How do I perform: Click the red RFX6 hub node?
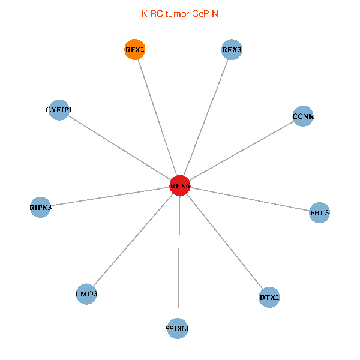(x=180, y=186)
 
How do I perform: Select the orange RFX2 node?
(x=135, y=50)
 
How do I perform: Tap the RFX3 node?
(x=232, y=50)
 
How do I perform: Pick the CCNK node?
(x=303, y=116)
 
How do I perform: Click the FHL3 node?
(x=320, y=212)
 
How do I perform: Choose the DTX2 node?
(x=269, y=297)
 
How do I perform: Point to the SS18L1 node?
(x=177, y=328)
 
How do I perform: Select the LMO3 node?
(x=87, y=294)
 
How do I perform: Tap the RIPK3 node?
(x=41, y=207)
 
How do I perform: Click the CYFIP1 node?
(x=59, y=110)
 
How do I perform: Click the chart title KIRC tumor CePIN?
(x=179, y=14)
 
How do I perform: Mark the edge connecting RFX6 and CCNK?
(x=241, y=151)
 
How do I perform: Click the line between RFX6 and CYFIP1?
(x=119, y=148)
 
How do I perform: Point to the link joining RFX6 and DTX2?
(x=224, y=241)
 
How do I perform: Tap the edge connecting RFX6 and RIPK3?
(x=110, y=196)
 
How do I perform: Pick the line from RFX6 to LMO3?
(x=133, y=240)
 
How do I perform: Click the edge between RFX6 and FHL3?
(x=250, y=199)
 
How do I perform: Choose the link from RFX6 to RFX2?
(x=157, y=118)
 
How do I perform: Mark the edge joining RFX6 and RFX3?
(x=206, y=118)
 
